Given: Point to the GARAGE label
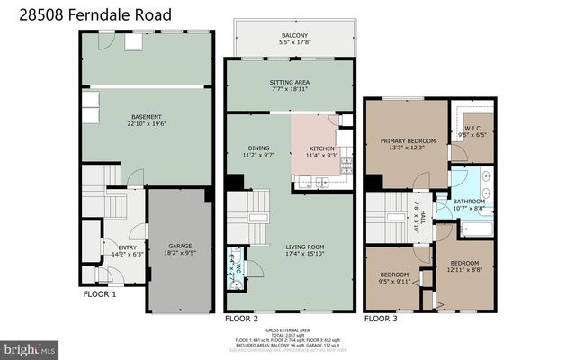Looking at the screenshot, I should pyautogui.click(x=181, y=247).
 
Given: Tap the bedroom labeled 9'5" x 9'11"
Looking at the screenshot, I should pyautogui.click(x=394, y=277).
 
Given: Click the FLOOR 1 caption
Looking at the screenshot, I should pyautogui.click(x=100, y=294).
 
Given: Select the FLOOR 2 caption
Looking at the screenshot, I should pyautogui.click(x=241, y=319).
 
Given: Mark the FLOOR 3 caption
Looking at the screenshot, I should pyautogui.click(x=381, y=319).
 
